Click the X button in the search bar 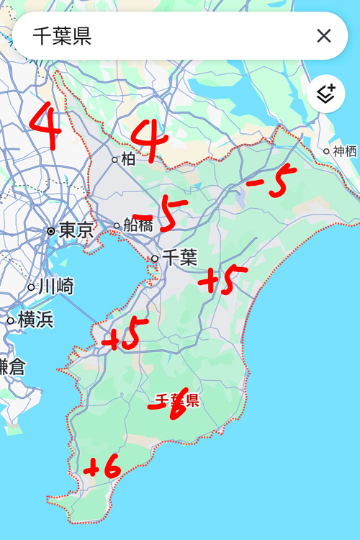(324, 36)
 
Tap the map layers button (326, 94)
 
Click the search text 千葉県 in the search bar (62, 37)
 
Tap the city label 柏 (128, 159)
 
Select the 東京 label (76, 230)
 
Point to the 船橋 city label (138, 225)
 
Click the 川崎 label (55, 286)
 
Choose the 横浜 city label (36, 319)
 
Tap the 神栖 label (345, 151)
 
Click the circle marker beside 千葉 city (155, 258)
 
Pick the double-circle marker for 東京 (51, 231)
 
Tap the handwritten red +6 (102, 469)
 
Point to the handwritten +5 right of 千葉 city (222, 280)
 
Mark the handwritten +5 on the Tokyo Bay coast (125, 334)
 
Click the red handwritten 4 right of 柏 (150, 140)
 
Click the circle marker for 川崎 (31, 287)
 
